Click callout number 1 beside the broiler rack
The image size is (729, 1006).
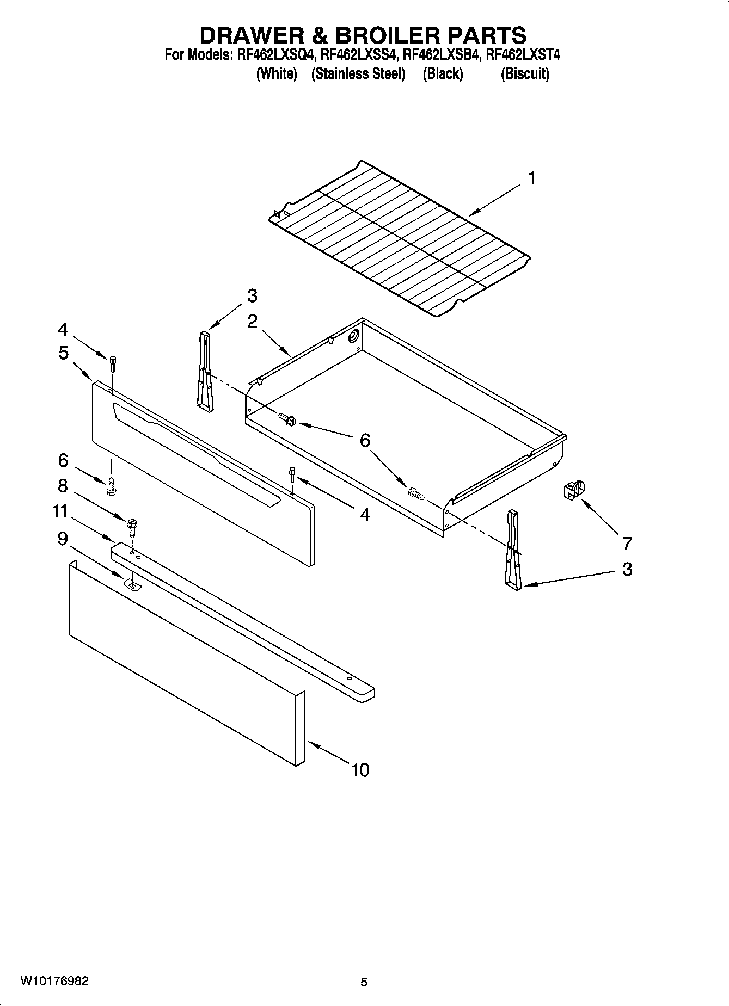click(x=531, y=178)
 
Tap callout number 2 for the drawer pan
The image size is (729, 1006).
click(x=252, y=321)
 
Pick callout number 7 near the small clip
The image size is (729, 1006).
click(x=627, y=542)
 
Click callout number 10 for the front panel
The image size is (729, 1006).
click(x=360, y=769)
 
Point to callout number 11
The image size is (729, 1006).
click(x=60, y=511)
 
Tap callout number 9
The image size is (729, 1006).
click(x=63, y=539)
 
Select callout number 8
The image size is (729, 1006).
click(x=63, y=485)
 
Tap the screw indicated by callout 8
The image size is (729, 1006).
click(x=132, y=526)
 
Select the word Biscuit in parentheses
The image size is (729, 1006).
click(x=525, y=73)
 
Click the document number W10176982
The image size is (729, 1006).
click(x=54, y=981)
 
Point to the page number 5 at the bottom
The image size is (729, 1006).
click(x=364, y=982)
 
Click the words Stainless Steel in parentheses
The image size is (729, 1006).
click(x=358, y=73)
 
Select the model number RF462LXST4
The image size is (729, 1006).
click(x=523, y=55)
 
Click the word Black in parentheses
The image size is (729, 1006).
click(x=443, y=73)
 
